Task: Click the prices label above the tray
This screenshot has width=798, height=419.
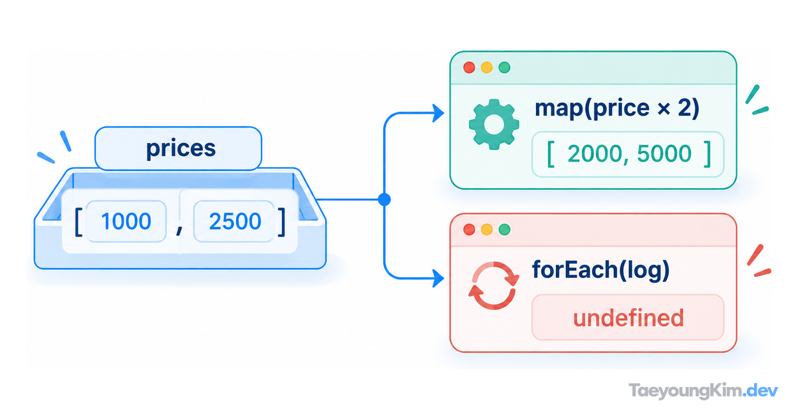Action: tap(181, 148)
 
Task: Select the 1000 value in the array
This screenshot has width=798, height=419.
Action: tap(126, 221)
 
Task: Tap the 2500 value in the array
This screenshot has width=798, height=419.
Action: tap(235, 221)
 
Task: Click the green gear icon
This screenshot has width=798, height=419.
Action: tap(493, 124)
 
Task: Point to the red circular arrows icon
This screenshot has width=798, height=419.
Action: tap(493, 285)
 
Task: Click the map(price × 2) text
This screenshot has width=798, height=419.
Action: tap(616, 108)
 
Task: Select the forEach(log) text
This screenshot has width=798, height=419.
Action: tap(600, 271)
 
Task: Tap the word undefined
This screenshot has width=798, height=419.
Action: tap(628, 318)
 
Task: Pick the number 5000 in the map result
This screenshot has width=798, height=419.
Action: tap(664, 154)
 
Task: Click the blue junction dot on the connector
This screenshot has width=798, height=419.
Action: tap(384, 200)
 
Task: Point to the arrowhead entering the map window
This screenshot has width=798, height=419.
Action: tap(438, 113)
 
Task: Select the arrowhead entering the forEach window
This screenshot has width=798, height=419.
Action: tap(438, 278)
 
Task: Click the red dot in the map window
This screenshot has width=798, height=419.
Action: tap(469, 67)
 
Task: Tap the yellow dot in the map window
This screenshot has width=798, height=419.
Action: tap(487, 67)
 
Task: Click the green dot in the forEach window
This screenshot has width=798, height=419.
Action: tap(505, 229)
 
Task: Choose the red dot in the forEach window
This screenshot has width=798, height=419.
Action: tap(469, 229)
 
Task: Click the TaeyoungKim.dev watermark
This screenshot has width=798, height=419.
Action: tap(703, 391)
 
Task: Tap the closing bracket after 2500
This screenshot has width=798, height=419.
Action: tap(282, 223)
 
